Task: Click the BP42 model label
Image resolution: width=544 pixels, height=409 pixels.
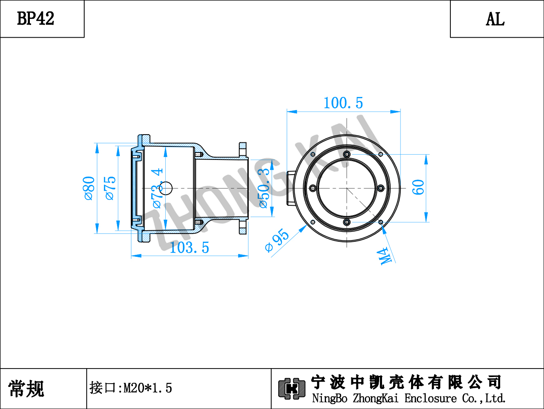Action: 36,18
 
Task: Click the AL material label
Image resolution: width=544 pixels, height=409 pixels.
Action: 495,19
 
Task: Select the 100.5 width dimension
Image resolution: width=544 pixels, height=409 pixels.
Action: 343,103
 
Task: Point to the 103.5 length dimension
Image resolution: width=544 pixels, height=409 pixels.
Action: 189,247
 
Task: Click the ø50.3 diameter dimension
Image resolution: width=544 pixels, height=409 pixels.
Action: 264,188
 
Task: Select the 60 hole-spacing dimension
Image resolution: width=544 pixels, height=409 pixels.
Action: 418,187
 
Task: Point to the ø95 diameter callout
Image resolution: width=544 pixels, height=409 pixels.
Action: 277,240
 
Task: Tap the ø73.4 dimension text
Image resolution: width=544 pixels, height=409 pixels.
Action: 157,188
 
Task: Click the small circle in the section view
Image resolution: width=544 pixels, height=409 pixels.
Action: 166,188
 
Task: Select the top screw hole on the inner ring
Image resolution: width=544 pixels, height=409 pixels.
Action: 347,155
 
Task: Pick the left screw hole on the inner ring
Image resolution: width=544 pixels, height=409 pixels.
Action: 313,188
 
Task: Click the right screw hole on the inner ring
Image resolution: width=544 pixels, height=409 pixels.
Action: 381,188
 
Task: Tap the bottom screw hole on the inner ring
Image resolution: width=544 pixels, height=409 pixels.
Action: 347,222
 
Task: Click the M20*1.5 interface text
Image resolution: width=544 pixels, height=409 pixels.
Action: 148,388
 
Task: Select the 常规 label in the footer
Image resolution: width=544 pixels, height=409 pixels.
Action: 26,389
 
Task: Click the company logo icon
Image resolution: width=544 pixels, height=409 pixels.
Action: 292,389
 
